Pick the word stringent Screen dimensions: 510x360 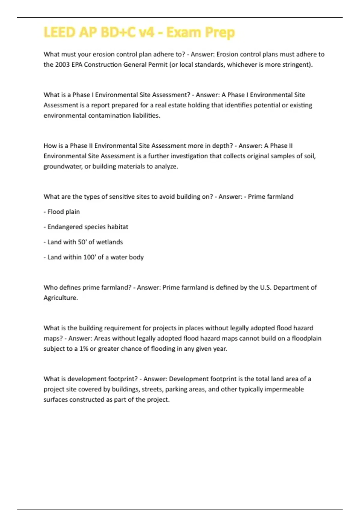pyautogui.click(x=296, y=64)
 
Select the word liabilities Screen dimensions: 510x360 pyautogui.click(x=146, y=115)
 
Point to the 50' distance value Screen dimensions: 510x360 pyautogui.click(x=82, y=242)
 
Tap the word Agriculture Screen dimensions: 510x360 pyautogui.click(x=61, y=298)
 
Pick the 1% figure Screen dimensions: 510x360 pyautogui.click(x=84, y=349)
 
